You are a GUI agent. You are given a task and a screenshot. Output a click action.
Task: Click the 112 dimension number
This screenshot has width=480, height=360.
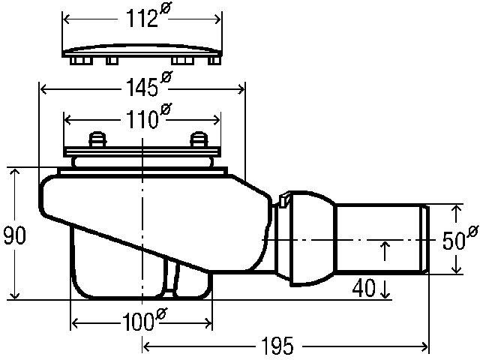click(142, 19)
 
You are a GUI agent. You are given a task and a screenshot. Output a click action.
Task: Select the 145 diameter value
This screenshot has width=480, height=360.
click(142, 88)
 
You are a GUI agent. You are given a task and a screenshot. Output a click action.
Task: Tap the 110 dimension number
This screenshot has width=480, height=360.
click(142, 119)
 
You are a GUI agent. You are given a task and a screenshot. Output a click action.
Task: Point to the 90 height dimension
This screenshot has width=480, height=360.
click(14, 235)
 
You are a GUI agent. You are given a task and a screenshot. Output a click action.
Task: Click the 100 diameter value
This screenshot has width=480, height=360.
click(138, 322)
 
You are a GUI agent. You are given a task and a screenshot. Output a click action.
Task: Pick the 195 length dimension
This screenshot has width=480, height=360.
click(277, 346)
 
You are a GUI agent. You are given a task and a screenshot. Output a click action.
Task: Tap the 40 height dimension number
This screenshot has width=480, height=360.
click(364, 288)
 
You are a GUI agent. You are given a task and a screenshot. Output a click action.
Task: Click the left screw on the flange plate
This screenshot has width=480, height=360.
click(97, 139)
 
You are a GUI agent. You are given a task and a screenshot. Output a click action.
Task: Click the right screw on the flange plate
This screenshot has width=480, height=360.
click(199, 139)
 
